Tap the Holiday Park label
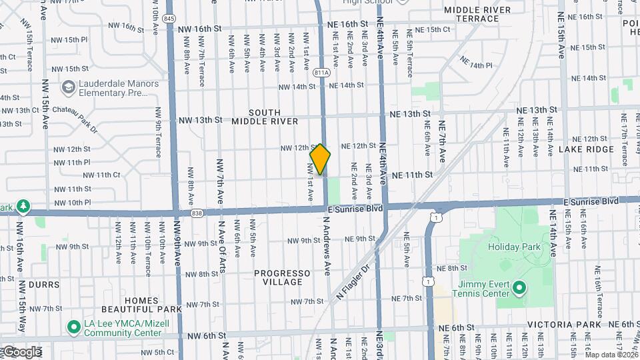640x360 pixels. (x=513, y=246)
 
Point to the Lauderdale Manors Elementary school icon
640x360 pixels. (x=67, y=87)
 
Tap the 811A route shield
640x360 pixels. (x=321, y=73)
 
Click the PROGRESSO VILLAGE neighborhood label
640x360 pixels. (x=283, y=277)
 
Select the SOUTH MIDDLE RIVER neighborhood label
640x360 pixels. (x=265, y=117)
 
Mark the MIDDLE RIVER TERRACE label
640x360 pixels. (x=477, y=14)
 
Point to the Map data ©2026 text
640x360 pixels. (x=611, y=355)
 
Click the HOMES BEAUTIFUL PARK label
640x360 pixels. (x=141, y=305)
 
